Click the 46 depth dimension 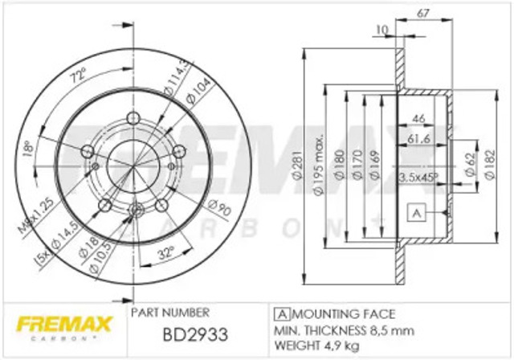(418, 119)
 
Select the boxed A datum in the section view (415, 213)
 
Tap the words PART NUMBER (169, 311)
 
